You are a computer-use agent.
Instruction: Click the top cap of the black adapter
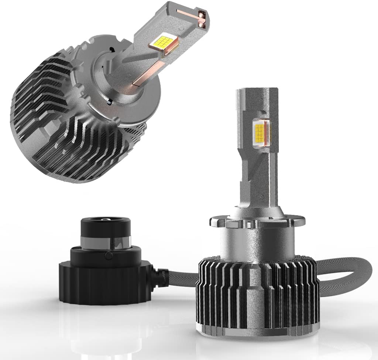[105, 226]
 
